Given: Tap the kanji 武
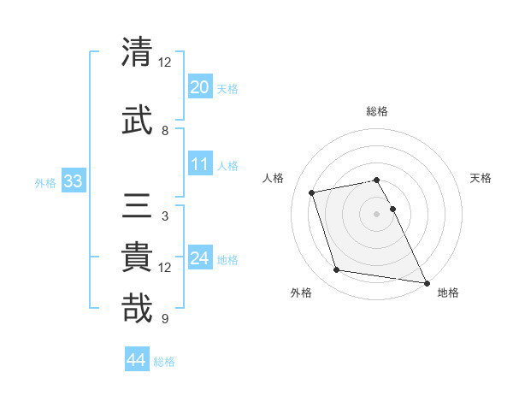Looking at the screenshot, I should click(x=138, y=121).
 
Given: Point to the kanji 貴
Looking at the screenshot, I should click(x=138, y=260).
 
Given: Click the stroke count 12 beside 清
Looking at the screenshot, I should click(x=165, y=63).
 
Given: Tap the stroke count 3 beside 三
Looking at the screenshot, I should click(x=165, y=216).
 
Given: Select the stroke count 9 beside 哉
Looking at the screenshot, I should click(x=165, y=319).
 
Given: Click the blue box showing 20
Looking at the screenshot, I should click(x=200, y=86).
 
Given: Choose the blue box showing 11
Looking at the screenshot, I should click(x=200, y=164).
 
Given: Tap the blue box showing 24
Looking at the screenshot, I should click(x=200, y=258).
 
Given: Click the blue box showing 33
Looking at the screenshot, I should click(x=73, y=181).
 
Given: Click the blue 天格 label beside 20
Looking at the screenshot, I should click(x=227, y=89).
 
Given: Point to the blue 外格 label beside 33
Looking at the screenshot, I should click(x=45, y=183).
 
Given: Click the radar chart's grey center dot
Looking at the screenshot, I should click(x=376, y=213).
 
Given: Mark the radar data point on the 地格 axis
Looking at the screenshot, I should click(x=425, y=282).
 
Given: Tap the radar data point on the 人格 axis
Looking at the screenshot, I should click(x=312, y=192).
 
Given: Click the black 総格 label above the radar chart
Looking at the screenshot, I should click(x=377, y=111).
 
